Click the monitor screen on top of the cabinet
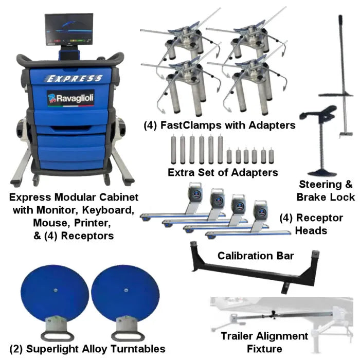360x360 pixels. [x=69, y=29]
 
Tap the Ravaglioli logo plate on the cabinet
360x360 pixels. [x=71, y=98]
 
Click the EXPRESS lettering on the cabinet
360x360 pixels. [x=73, y=79]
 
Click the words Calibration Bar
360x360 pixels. [x=256, y=256]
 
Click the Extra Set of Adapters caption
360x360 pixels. [x=223, y=172]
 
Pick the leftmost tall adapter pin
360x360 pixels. [x=173, y=150]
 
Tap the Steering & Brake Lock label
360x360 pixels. [x=326, y=191]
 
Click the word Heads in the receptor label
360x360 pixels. [x=311, y=230]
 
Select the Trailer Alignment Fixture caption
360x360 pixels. [x=264, y=342]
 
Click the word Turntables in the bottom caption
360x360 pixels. [x=138, y=349]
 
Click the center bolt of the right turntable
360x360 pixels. [x=126, y=290]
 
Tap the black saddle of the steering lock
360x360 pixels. [x=318, y=113]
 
